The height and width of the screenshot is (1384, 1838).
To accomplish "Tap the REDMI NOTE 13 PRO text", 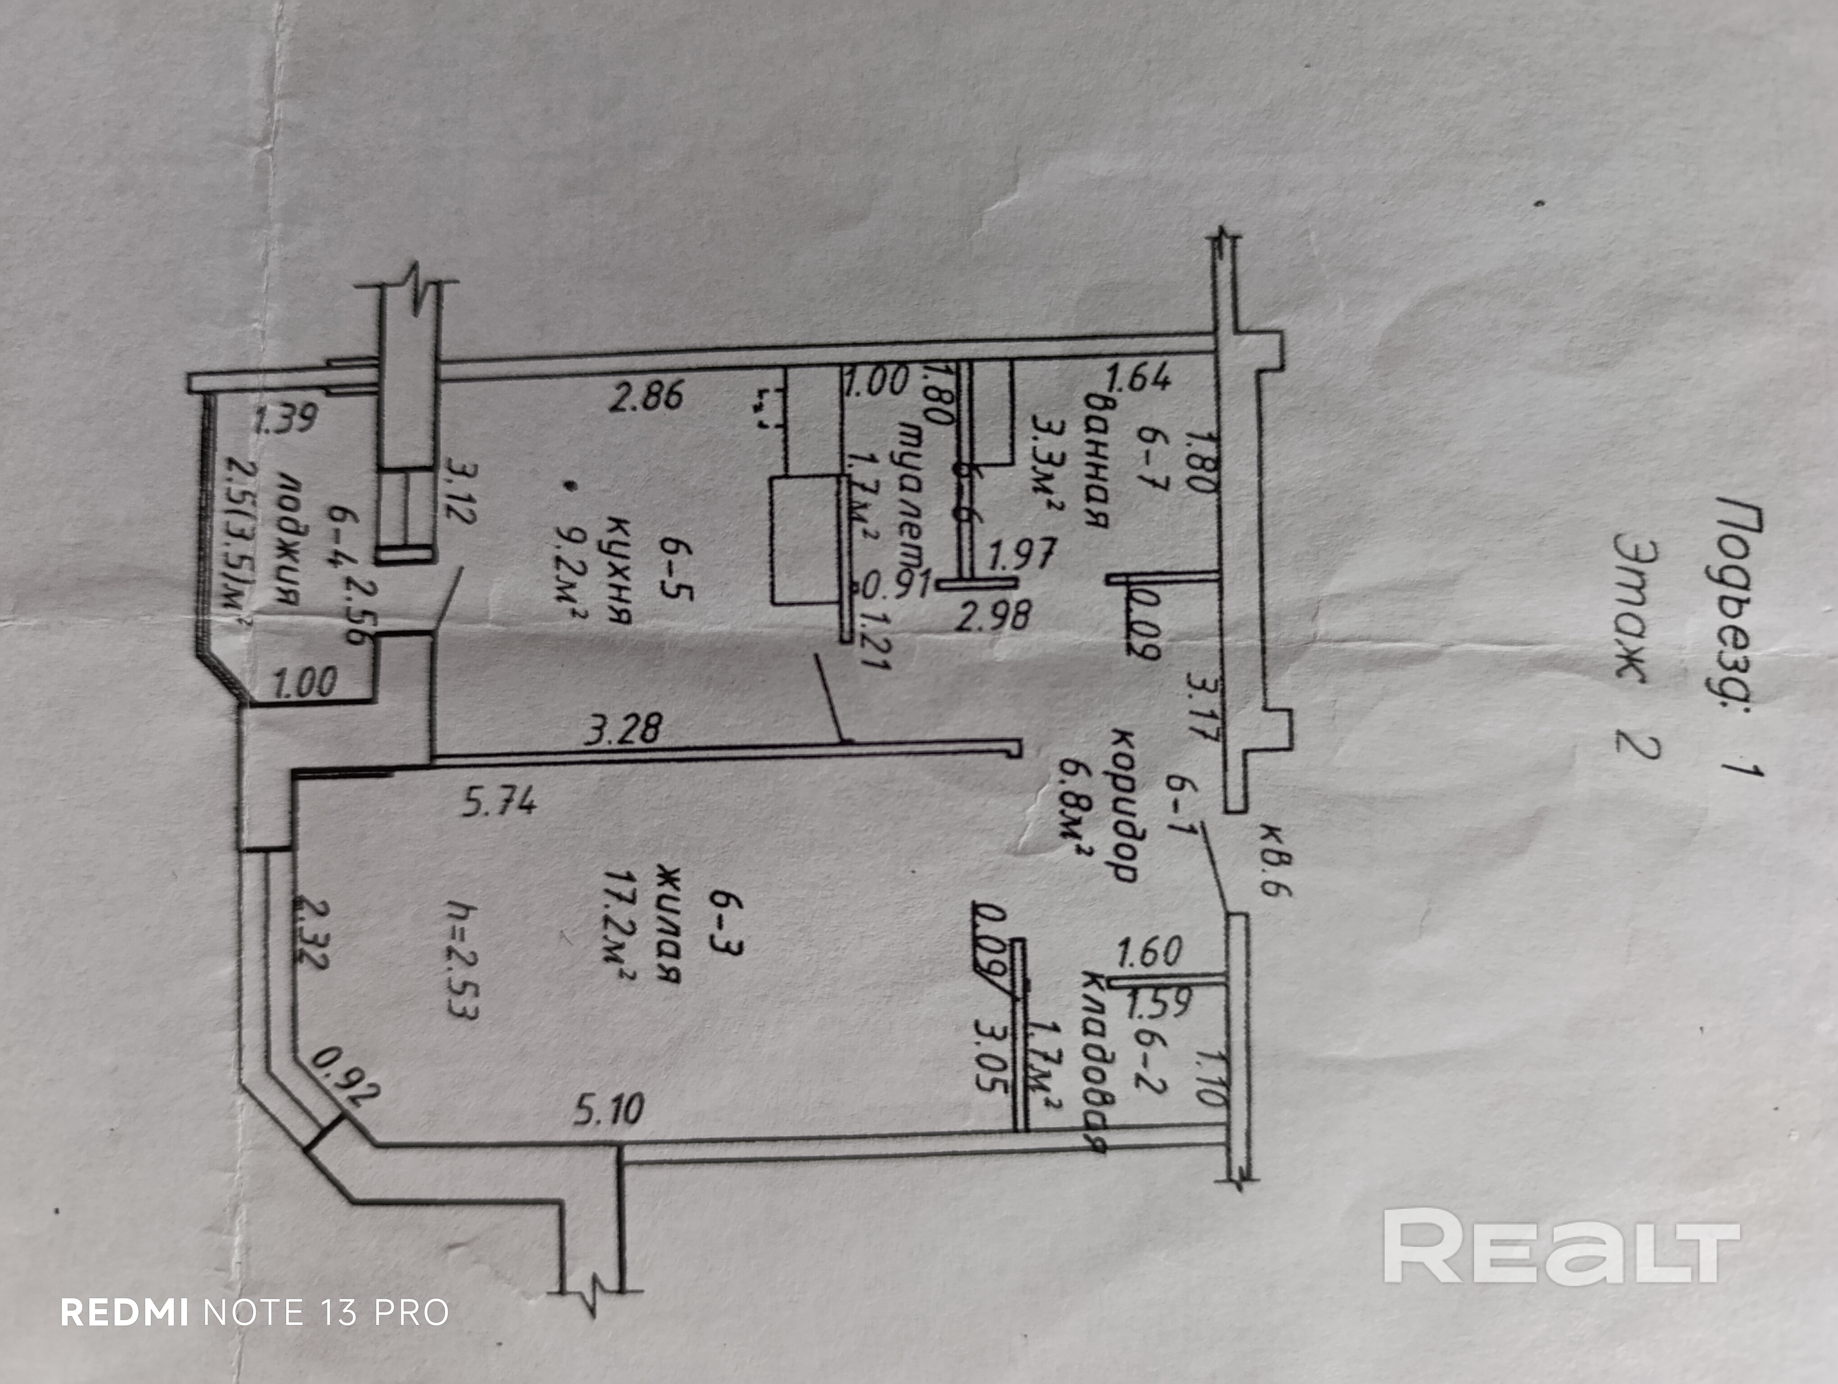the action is click(x=255, y=1312).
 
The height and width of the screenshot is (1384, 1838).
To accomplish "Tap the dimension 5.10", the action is click(x=608, y=1110).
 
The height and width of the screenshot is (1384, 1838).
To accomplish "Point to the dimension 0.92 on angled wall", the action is click(x=345, y=1078).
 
